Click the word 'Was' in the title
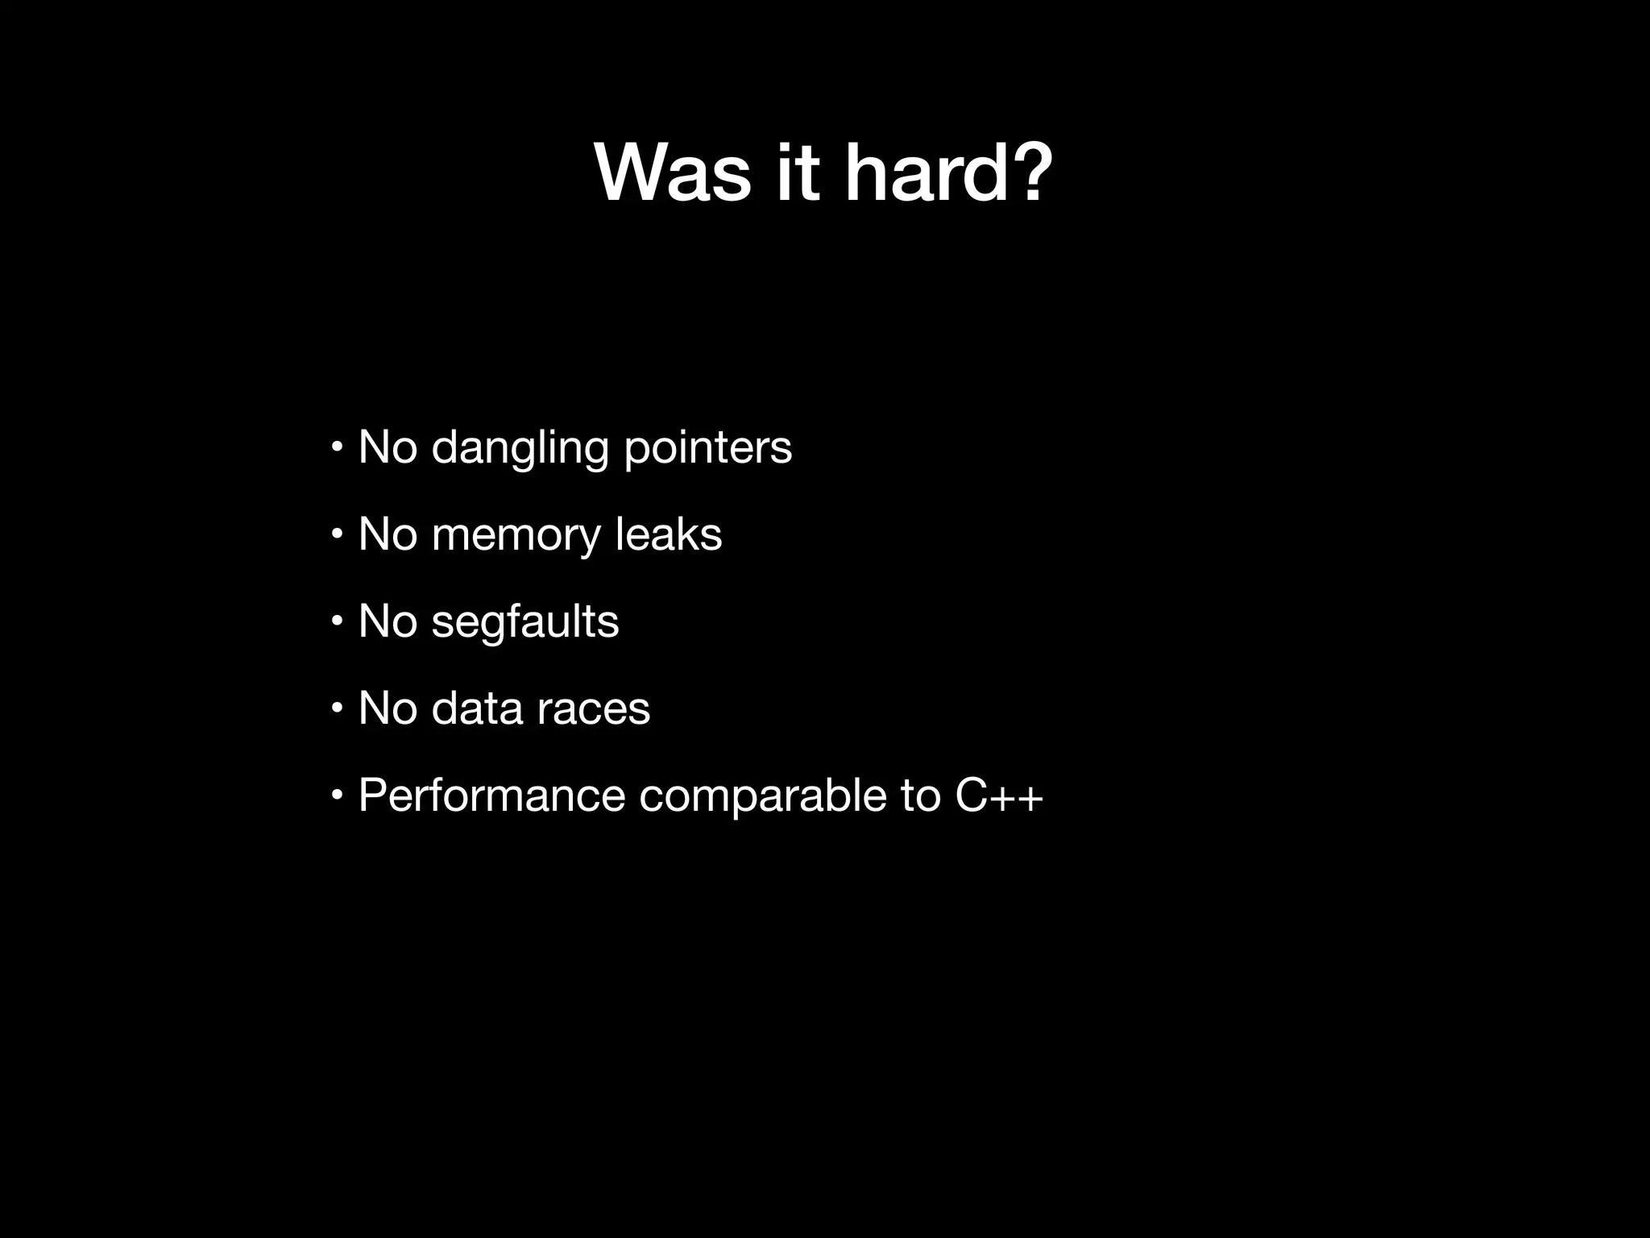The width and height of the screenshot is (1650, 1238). (673, 174)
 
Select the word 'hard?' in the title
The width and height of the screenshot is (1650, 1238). (948, 174)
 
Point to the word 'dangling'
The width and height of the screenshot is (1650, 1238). (520, 449)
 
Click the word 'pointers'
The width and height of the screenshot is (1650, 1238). (708, 449)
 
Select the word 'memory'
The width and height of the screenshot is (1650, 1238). (516, 535)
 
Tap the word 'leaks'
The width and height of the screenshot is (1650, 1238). (669, 535)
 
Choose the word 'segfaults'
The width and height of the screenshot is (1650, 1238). (525, 622)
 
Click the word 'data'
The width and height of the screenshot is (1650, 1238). (477, 709)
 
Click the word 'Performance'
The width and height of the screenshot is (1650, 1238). (491, 796)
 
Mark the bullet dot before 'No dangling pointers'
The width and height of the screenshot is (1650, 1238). (337, 447)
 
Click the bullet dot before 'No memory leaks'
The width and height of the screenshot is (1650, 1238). (337, 534)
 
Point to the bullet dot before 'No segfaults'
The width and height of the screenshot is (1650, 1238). (337, 621)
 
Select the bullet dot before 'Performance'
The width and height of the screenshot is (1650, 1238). (337, 796)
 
